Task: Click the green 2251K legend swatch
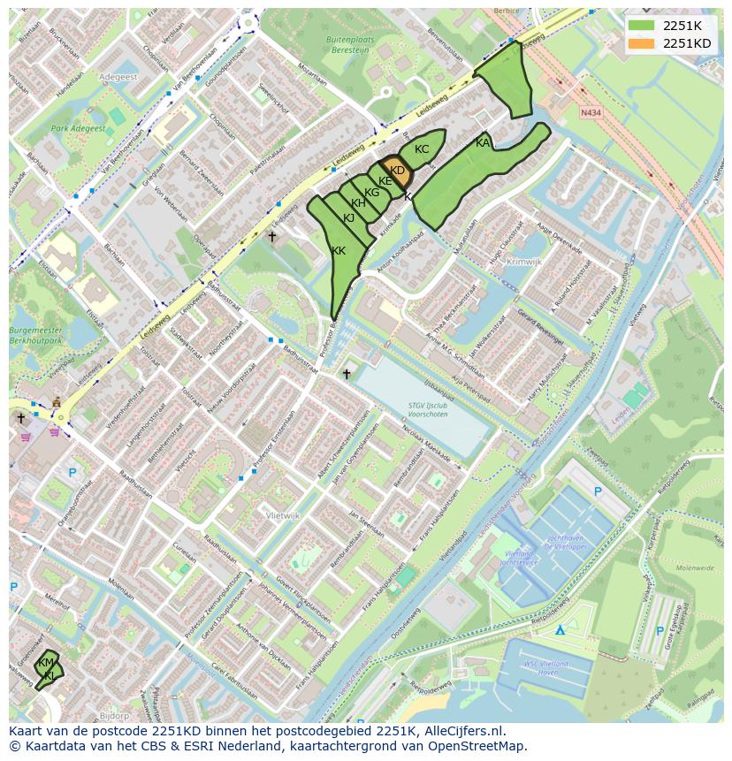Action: (643, 26)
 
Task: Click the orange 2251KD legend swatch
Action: (643, 43)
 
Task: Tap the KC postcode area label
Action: (422, 149)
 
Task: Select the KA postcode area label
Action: (483, 143)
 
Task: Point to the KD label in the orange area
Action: (397, 171)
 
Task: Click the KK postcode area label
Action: (339, 251)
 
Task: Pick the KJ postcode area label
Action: (348, 217)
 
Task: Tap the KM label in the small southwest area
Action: (46, 663)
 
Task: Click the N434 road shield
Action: (591, 113)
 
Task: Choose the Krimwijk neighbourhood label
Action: (524, 262)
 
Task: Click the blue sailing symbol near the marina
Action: (560, 630)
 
